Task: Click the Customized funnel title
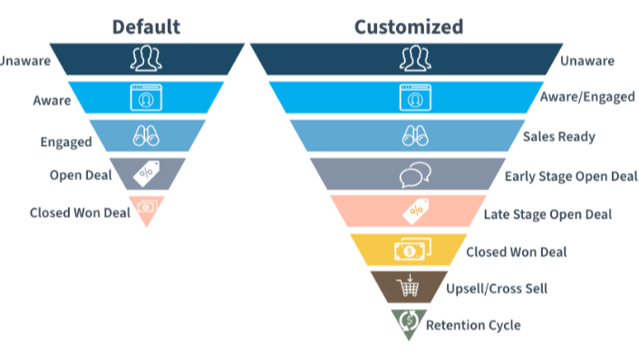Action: coord(408,26)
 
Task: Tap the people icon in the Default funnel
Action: coord(146,60)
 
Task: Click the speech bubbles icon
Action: coord(412,174)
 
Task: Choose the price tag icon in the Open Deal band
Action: coord(146,173)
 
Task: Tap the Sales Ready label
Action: coord(558,137)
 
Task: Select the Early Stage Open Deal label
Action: coord(571,176)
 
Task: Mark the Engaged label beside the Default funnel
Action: coord(66,142)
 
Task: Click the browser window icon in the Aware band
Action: coord(146,96)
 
